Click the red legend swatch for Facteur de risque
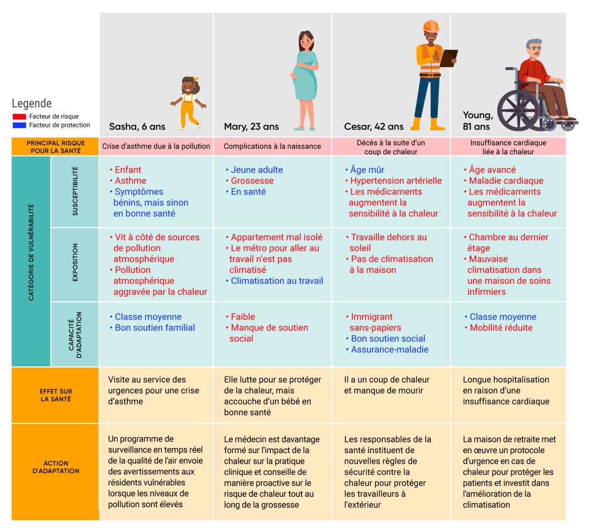point(19,117)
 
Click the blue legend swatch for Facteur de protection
point(19,125)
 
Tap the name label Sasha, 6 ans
point(137,127)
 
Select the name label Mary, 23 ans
point(251,127)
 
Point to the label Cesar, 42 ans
point(373,127)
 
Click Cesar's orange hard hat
point(431,26)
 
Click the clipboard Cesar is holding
point(448,58)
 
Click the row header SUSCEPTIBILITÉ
point(75,191)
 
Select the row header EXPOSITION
point(75,263)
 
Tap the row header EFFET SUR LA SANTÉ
point(56,395)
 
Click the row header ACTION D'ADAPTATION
point(56,467)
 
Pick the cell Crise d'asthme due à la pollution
point(156,146)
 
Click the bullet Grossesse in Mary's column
point(252,181)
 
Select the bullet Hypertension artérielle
point(396,181)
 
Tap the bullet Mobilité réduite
point(501,328)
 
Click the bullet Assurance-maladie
point(389,350)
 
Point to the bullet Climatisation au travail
point(277,281)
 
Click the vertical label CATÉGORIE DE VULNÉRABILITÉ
point(31,252)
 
